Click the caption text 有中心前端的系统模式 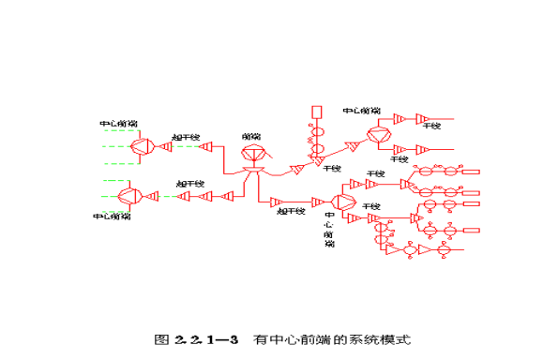click(x=333, y=338)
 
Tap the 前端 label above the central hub click(x=251, y=136)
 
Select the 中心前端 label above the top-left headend click(x=118, y=124)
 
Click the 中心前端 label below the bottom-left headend click(x=112, y=217)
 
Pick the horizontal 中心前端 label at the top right click(x=362, y=111)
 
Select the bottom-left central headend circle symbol click(x=128, y=195)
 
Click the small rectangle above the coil click(x=317, y=112)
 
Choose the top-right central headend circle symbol click(x=379, y=135)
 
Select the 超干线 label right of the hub click(x=292, y=212)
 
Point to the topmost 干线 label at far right click(x=432, y=124)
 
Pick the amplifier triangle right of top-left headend click(x=166, y=146)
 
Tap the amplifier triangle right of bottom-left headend click(x=156, y=195)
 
